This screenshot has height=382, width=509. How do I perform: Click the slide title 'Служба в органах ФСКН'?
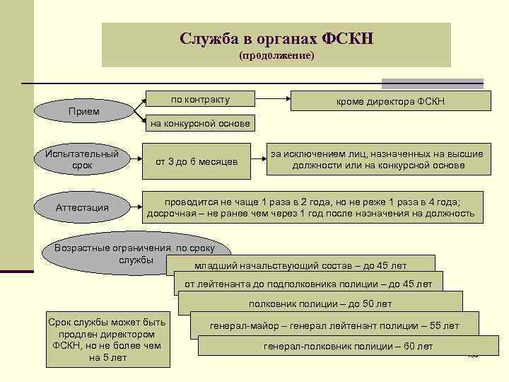click(276, 37)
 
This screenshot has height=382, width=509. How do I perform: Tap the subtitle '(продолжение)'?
click(276, 56)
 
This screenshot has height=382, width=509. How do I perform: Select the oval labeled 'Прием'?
click(83, 112)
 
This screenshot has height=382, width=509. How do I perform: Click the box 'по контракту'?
click(200, 99)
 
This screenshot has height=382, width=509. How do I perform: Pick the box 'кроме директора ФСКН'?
click(390, 101)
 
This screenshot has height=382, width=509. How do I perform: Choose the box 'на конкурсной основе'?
click(200, 124)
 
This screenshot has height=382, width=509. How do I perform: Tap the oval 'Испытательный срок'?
click(82, 159)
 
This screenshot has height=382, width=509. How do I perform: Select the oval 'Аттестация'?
click(82, 207)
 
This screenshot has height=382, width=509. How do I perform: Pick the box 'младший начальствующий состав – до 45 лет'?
click(300, 266)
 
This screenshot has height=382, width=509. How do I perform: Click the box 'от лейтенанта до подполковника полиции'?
click(308, 284)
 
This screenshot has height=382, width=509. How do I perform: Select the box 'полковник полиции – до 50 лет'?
click(320, 303)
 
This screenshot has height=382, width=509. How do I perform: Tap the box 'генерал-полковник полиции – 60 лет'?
click(348, 346)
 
